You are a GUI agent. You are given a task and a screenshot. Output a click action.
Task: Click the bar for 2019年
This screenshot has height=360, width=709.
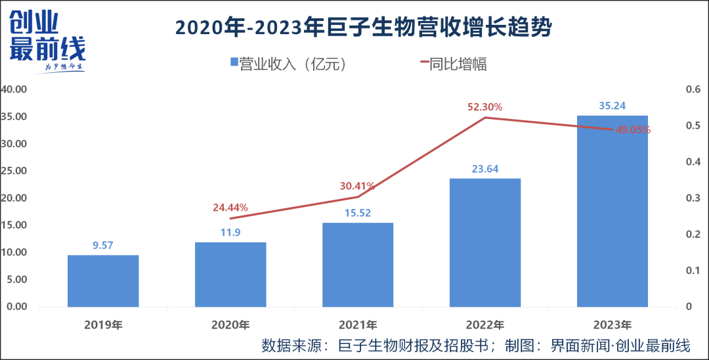[x=103, y=281]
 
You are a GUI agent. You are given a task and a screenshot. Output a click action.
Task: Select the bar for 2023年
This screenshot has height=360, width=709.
[x=612, y=212]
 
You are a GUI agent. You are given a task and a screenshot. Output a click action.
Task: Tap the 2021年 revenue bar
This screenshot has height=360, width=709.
[x=358, y=265]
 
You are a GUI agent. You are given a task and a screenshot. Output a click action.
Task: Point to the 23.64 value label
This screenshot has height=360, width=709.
[x=484, y=169]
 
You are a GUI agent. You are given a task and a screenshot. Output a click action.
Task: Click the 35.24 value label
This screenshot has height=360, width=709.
[x=612, y=105]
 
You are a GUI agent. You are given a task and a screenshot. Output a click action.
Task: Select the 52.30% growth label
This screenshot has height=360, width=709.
[x=484, y=106]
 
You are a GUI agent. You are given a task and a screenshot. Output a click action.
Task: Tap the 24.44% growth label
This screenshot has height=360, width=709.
[x=230, y=208]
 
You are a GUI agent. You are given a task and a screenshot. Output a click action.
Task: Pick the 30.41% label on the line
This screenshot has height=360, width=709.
[x=357, y=186]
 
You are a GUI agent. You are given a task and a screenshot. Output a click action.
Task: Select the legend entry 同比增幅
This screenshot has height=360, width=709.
[x=453, y=64]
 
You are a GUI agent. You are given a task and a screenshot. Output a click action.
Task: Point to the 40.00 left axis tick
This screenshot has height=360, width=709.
[x=14, y=89]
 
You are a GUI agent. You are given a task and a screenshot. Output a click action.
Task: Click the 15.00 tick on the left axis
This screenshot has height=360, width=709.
[x=14, y=225]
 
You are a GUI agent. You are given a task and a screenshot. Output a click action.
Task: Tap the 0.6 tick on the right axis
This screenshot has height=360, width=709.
[x=693, y=89]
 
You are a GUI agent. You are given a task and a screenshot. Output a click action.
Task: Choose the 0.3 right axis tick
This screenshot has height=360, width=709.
[x=693, y=198]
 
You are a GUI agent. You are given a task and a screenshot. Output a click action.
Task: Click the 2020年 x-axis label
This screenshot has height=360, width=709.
[x=230, y=325]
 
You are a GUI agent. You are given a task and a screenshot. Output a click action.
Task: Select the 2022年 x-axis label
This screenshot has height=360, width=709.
[x=484, y=325]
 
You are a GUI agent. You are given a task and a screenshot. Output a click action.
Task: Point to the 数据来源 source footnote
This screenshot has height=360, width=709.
[x=476, y=346]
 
